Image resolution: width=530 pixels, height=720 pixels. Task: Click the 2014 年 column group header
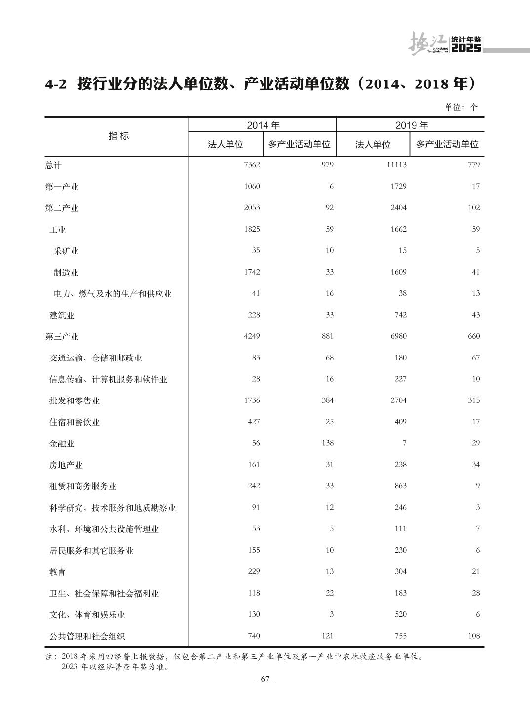pyautogui.click(x=263, y=125)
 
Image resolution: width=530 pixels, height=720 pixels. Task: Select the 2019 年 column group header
pyautogui.click(x=411, y=125)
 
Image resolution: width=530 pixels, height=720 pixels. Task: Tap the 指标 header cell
pyautogui.click(x=118, y=136)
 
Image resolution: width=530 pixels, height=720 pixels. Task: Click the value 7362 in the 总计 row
pyautogui.click(x=252, y=165)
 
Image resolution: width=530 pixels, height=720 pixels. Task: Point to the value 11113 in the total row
pyautogui.click(x=396, y=165)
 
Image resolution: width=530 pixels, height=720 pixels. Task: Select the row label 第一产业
pyautogui.click(x=62, y=187)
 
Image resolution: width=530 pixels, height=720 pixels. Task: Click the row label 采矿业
pyautogui.click(x=66, y=251)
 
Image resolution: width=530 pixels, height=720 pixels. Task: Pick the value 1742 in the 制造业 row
pyautogui.click(x=252, y=272)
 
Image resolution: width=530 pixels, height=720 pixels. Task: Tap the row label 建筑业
pyautogui.click(x=62, y=315)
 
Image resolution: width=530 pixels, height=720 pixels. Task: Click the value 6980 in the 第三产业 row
pyautogui.click(x=398, y=336)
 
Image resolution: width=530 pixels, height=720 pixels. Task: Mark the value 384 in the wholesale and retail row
pyautogui.click(x=328, y=400)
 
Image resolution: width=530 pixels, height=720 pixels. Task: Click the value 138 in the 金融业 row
pyautogui.click(x=328, y=443)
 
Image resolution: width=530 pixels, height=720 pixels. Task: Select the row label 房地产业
pyautogui.click(x=66, y=465)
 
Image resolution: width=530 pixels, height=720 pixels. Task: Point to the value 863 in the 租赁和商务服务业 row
pyautogui.click(x=400, y=486)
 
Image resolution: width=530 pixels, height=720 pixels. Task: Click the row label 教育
pyautogui.click(x=58, y=572)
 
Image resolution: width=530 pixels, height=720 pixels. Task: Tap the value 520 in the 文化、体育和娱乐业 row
pyautogui.click(x=400, y=614)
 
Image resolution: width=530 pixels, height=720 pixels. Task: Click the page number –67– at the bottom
pyautogui.click(x=265, y=679)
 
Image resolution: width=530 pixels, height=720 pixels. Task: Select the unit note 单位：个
pyautogui.click(x=461, y=107)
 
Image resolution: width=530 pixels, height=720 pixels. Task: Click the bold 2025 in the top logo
pyautogui.click(x=466, y=48)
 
